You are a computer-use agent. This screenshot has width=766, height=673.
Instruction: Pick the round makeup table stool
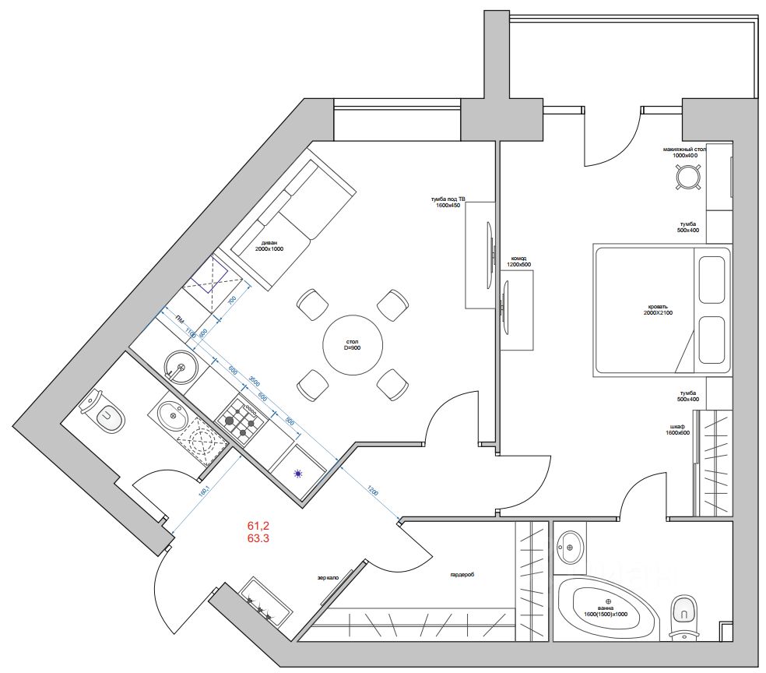click(x=687, y=178)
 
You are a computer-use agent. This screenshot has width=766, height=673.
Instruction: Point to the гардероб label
click(x=462, y=575)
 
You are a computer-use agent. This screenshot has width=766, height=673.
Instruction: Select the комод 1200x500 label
click(x=519, y=261)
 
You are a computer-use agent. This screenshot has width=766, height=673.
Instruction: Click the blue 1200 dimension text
click(x=373, y=492)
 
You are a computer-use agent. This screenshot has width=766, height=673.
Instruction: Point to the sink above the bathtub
click(x=571, y=547)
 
